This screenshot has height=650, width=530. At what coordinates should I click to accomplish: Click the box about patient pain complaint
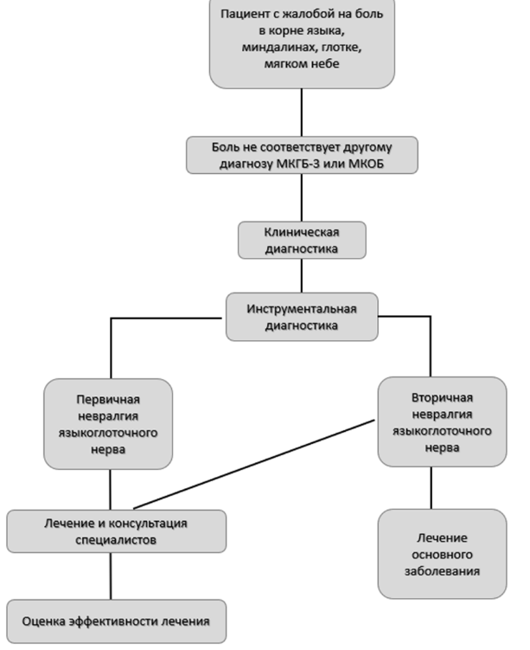(x=302, y=42)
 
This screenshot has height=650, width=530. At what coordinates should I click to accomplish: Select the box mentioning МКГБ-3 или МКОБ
(x=302, y=155)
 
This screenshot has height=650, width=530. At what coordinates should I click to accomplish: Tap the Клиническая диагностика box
(x=302, y=240)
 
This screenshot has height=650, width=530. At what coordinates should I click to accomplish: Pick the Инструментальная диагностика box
(x=302, y=317)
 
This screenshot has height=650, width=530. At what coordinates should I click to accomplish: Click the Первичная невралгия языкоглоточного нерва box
(x=108, y=423)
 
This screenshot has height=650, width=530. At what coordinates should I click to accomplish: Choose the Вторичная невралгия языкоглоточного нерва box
(x=442, y=422)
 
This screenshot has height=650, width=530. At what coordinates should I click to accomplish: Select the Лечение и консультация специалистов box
(x=117, y=531)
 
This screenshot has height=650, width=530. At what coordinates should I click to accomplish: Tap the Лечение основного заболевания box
(x=442, y=554)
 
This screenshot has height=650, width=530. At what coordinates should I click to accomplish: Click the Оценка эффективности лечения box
(x=117, y=621)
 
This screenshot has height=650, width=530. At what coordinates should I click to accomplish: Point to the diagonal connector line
(x=254, y=464)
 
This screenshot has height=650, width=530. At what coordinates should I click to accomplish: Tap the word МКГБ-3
(x=298, y=164)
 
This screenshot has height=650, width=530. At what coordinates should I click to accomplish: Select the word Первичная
(x=108, y=399)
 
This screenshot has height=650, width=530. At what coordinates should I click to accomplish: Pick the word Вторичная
(x=442, y=397)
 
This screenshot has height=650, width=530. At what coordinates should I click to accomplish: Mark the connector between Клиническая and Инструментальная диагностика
(x=302, y=276)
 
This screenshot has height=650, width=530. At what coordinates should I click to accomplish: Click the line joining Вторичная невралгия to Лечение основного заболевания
(x=431, y=488)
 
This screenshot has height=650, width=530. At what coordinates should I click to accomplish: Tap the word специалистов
(x=116, y=540)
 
